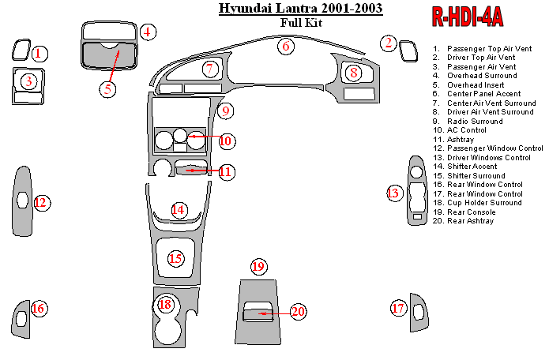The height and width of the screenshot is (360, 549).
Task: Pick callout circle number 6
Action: [287, 47]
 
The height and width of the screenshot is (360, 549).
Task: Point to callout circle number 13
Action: [393, 193]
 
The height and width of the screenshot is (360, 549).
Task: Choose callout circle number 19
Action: [258, 267]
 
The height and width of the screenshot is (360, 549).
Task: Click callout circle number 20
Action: [298, 312]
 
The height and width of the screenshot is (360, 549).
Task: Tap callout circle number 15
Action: [175, 258]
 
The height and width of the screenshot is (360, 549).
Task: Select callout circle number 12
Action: [41, 203]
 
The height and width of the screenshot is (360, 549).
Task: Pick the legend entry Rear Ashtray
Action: [470, 221]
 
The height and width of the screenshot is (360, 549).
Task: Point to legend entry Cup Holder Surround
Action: [483, 203]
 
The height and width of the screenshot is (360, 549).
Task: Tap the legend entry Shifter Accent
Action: [472, 167]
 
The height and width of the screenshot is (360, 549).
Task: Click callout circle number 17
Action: [398, 309]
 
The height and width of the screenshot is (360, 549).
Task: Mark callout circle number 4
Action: [148, 32]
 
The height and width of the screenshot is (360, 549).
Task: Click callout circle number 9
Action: [225, 111]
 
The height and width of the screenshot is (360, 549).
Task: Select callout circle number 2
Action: [388, 43]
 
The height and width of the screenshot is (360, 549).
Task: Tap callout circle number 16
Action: [38, 309]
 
